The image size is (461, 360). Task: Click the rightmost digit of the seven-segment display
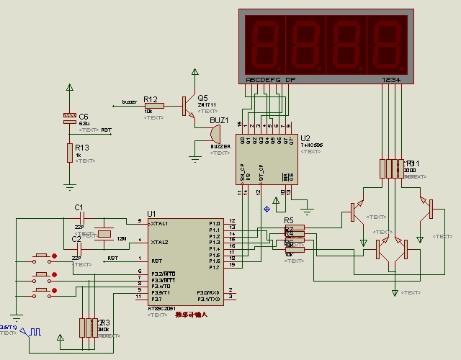[x=388, y=44]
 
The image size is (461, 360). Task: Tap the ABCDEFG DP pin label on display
[x=270, y=79]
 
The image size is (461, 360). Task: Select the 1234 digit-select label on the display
[x=392, y=79]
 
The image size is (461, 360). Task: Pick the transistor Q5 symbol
[x=189, y=106]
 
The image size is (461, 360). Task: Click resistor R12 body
[x=154, y=106]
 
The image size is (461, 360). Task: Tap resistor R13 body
[x=69, y=153]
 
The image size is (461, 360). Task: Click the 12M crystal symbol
[x=105, y=233]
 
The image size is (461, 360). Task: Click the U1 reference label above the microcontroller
[x=151, y=214]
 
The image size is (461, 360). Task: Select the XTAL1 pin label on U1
[x=160, y=223]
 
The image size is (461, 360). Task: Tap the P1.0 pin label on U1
[x=215, y=223]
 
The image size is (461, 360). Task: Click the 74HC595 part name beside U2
[x=312, y=145]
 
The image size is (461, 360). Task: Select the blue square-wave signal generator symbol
[x=32, y=333]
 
